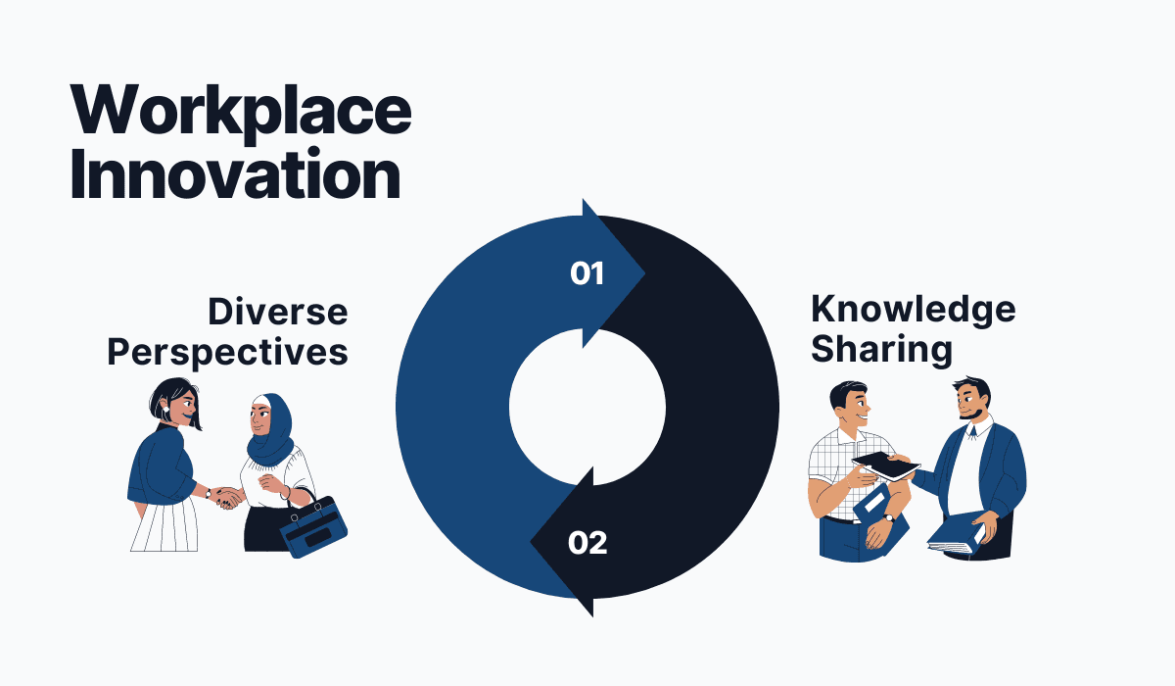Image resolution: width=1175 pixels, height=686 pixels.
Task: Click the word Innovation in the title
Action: click(236, 174)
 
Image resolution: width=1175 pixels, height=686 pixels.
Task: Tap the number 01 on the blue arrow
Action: click(587, 273)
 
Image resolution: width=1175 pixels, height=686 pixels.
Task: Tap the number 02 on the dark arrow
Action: click(587, 543)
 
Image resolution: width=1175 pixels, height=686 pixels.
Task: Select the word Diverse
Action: click(278, 313)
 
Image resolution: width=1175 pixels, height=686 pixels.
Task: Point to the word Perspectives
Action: click(227, 353)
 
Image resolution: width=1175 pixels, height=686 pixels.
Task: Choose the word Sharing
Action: click(882, 350)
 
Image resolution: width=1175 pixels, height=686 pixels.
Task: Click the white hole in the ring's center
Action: click(587, 407)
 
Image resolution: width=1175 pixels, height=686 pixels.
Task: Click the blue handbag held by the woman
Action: click(313, 526)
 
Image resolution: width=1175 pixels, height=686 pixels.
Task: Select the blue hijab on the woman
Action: click(271, 431)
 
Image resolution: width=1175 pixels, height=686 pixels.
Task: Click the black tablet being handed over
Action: click(885, 466)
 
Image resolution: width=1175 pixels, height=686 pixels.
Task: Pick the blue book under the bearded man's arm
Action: click(956, 534)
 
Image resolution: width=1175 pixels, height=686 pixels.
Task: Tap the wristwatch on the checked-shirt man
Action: click(888, 518)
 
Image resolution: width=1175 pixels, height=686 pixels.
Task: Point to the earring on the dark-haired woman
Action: click(165, 409)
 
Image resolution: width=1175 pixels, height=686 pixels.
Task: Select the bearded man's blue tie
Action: click(972, 432)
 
